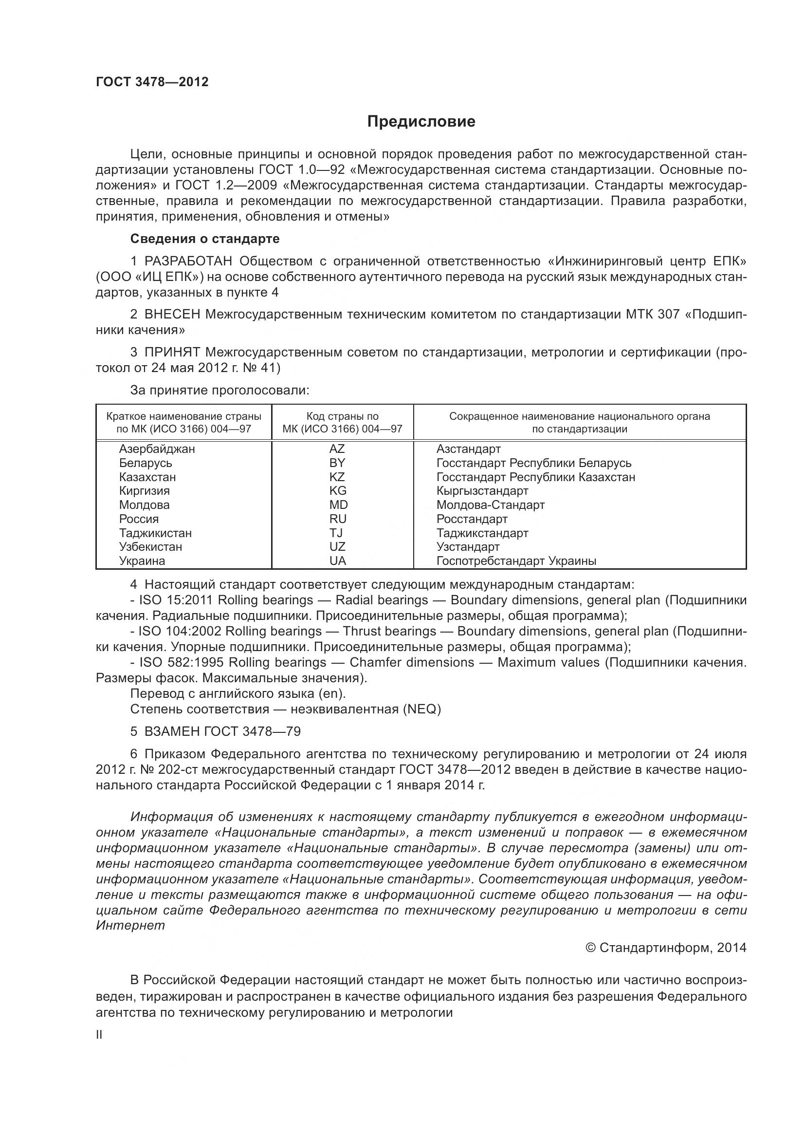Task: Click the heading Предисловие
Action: [x=421, y=122]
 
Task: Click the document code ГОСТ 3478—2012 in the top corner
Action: [x=152, y=82]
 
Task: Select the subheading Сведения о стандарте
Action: [x=205, y=239]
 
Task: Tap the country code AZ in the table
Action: [x=337, y=449]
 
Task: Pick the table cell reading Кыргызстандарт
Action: [x=482, y=491]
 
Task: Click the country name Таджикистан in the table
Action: [x=155, y=533]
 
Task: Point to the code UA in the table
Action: [x=338, y=561]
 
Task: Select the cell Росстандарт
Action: [x=472, y=520]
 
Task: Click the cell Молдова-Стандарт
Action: [x=490, y=505]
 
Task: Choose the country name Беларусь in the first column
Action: [x=145, y=463]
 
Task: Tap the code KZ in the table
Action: [x=337, y=477]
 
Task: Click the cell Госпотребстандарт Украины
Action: [x=516, y=561]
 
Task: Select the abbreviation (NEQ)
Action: [x=422, y=710]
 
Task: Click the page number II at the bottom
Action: [x=99, y=1035]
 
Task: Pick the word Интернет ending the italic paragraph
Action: [x=130, y=926]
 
